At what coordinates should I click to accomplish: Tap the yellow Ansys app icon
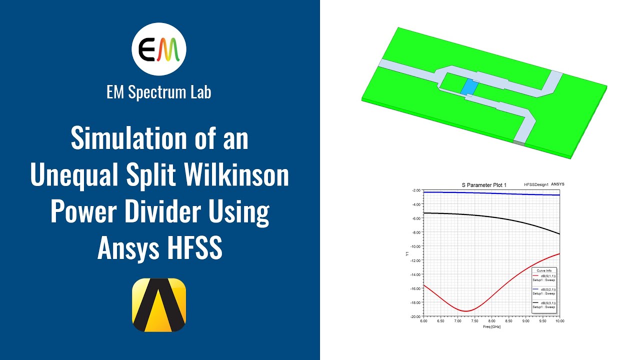tap(159, 304)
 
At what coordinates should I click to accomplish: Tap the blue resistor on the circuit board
tap(469, 87)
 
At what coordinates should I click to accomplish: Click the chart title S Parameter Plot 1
tap(483, 185)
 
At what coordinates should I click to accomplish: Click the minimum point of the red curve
tap(466, 311)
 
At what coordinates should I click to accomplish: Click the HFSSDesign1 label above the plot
tap(536, 184)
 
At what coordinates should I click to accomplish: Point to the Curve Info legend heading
tap(544, 270)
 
